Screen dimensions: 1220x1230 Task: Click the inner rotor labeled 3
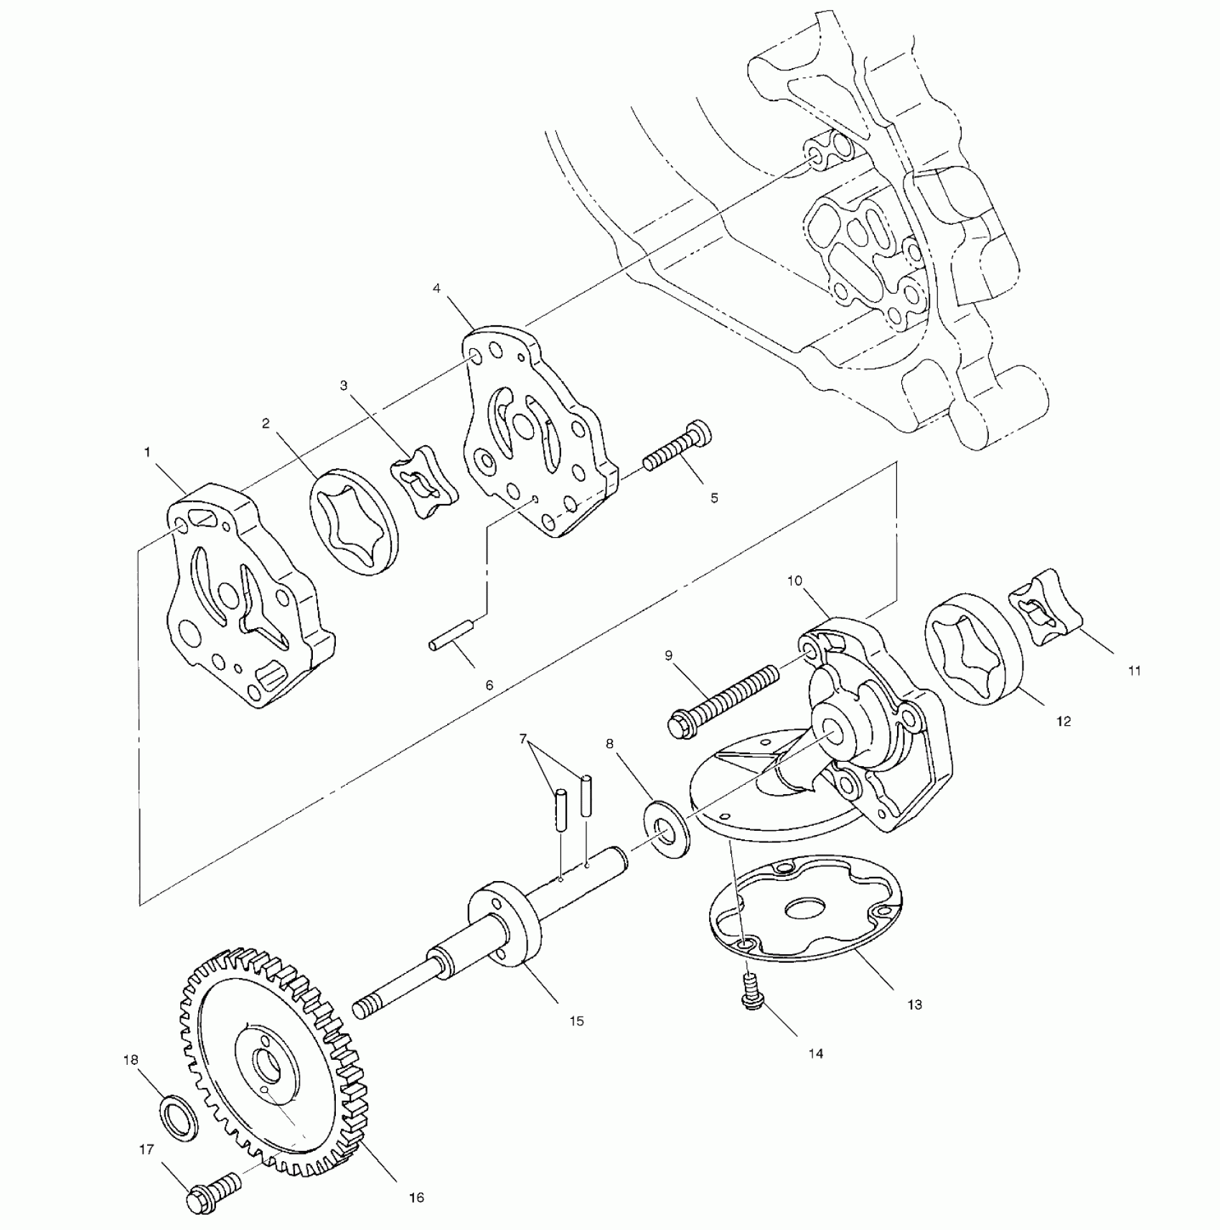(425, 481)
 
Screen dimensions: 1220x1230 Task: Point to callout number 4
(436, 289)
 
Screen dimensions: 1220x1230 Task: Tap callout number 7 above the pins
(523, 739)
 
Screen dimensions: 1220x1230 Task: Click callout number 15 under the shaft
(577, 1021)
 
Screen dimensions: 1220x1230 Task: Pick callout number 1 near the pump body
(147, 452)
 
